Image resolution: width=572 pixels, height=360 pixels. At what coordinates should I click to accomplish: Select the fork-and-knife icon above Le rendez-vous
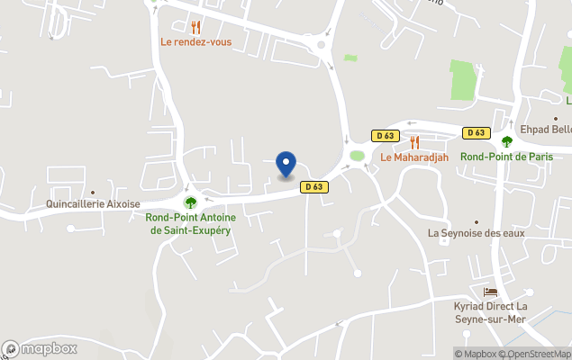(195, 27)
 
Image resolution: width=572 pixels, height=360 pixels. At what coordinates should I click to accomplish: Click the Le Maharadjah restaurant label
(414, 157)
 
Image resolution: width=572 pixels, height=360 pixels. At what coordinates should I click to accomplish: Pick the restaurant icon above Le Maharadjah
(414, 142)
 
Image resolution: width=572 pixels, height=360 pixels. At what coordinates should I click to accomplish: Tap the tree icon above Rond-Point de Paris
(506, 141)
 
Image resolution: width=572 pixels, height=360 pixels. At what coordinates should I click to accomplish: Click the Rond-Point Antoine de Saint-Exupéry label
(190, 224)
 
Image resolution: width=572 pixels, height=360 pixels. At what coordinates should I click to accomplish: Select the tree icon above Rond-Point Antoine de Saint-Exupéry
(190, 202)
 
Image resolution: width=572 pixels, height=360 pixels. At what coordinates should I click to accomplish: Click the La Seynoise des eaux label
(476, 233)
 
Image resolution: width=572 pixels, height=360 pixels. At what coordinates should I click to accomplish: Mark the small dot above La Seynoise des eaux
(477, 220)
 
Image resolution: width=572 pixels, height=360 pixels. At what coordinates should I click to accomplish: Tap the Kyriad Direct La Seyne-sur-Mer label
(491, 313)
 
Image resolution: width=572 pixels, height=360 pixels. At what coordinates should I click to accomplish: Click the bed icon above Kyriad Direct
(490, 292)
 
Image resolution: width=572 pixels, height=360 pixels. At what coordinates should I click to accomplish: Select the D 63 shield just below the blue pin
(313, 187)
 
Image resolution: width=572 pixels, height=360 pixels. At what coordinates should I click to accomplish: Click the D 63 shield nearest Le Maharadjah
(385, 136)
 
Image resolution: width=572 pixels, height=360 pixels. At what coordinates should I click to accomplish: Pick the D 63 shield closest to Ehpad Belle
(477, 133)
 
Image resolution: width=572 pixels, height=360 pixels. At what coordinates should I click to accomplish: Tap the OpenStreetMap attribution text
(538, 354)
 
